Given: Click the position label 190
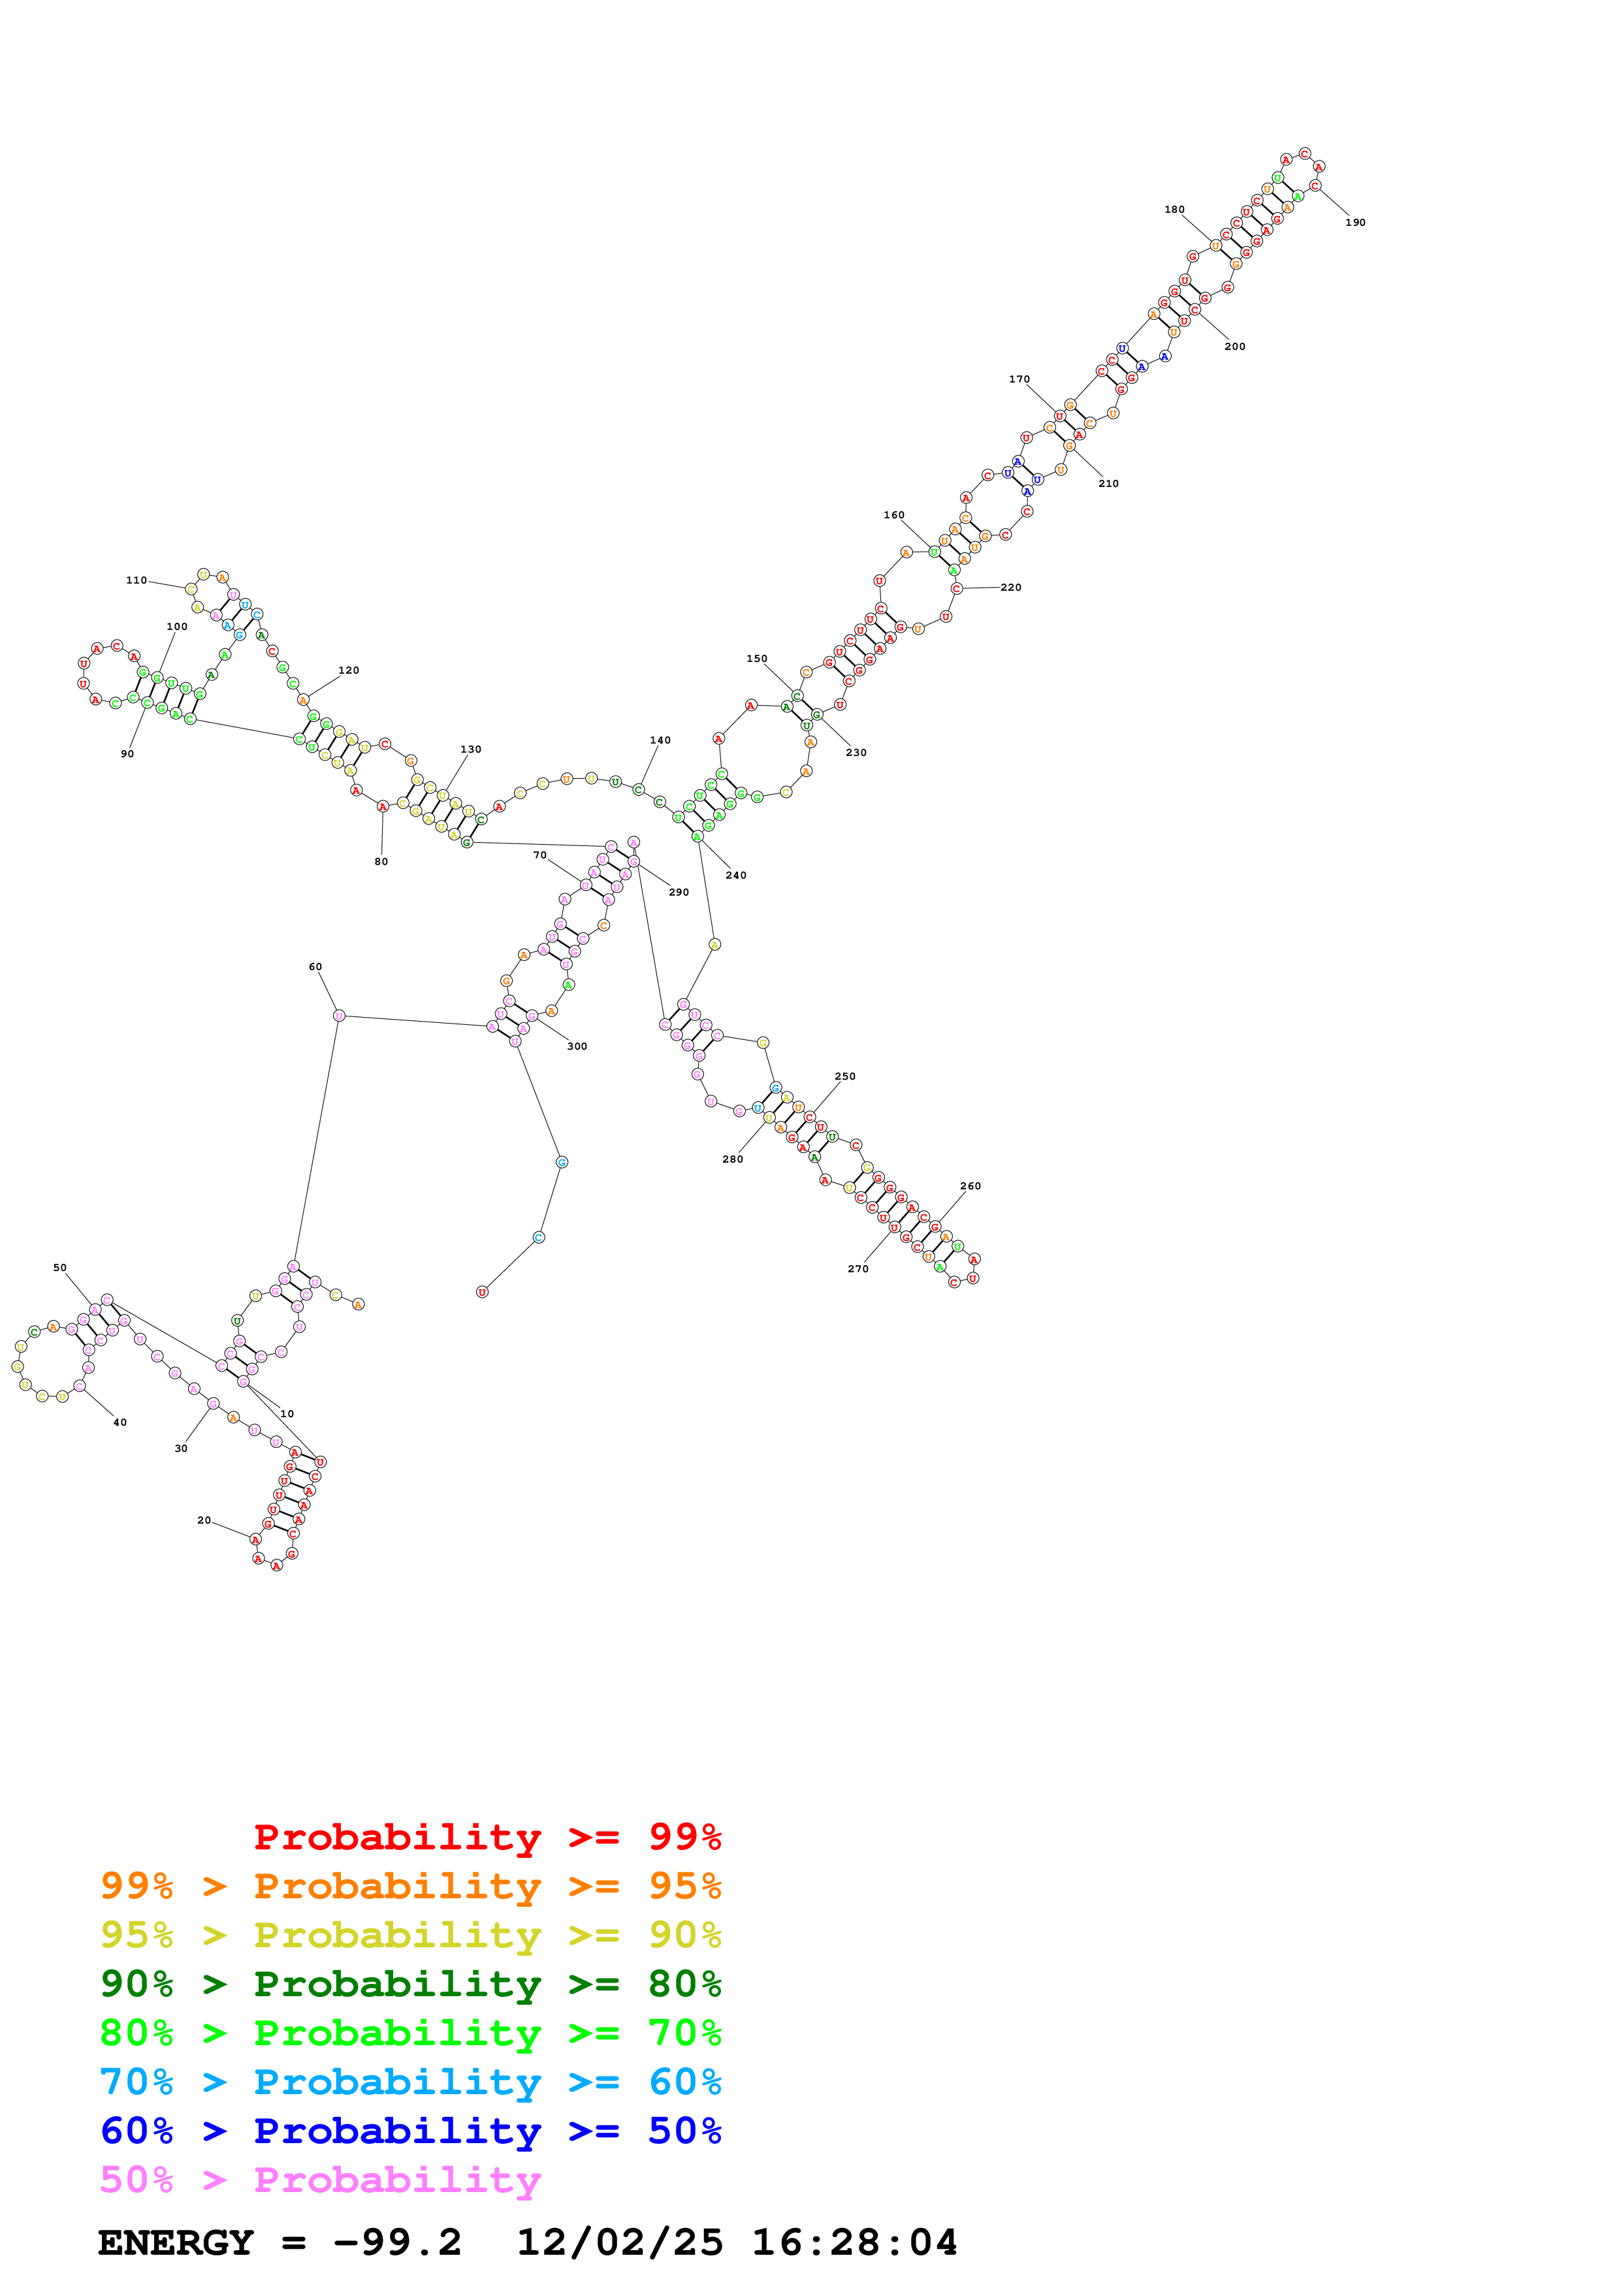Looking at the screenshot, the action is tap(1355, 223).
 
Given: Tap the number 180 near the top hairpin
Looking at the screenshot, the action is tap(1174, 210).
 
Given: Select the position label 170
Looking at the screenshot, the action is tap(1018, 379).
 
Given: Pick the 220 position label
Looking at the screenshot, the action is tap(1010, 588).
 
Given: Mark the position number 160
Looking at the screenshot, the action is tap(894, 514).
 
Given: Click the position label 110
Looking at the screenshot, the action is tap(136, 580).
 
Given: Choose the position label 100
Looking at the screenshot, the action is tap(176, 627).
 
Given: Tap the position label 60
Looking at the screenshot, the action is tap(315, 967).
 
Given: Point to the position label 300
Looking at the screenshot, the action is tap(577, 1046).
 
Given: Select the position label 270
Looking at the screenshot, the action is tap(858, 1268).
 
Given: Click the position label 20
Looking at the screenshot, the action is tap(204, 1520).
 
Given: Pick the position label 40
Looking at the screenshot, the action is tap(120, 1422).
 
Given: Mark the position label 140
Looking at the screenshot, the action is tap(660, 740).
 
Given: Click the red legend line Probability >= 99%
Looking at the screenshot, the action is tap(487, 1837).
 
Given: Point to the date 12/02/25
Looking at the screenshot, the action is tap(620, 2242).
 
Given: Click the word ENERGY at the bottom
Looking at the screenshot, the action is tap(176, 2242).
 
